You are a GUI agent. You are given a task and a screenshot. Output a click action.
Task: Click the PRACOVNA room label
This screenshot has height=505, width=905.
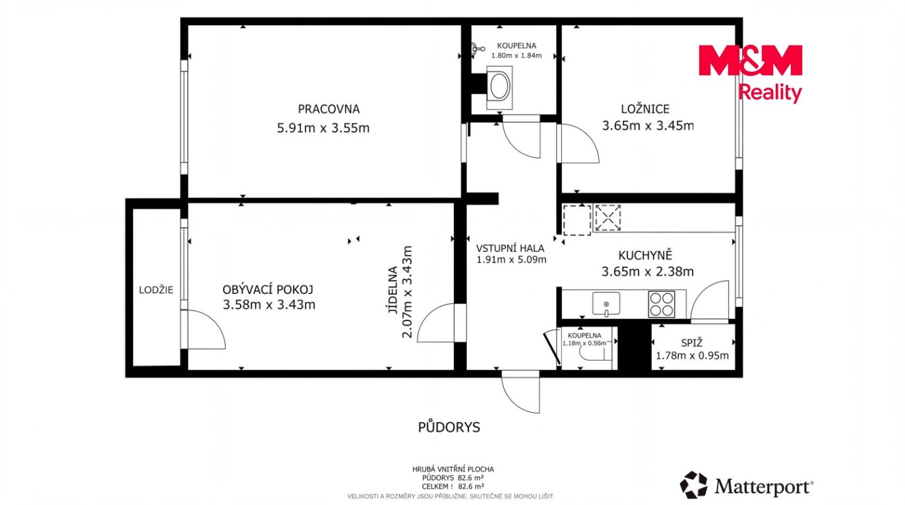(328, 109)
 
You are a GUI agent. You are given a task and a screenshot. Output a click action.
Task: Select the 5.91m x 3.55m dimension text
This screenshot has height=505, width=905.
(323, 128)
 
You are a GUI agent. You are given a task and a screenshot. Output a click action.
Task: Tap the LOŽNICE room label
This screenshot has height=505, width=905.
(645, 109)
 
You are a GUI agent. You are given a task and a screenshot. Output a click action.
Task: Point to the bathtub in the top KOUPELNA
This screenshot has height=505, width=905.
(500, 88)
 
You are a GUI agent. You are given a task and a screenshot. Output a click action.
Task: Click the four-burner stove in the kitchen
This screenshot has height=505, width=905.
(662, 304)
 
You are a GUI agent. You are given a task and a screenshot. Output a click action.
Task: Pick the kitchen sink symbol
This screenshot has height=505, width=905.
(606, 304)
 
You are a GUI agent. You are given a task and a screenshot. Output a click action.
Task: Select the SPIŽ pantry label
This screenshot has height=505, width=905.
(692, 343)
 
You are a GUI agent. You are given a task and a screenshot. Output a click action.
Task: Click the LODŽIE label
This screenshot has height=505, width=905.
(156, 290)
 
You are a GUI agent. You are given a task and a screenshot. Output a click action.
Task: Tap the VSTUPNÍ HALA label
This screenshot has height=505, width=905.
(510, 249)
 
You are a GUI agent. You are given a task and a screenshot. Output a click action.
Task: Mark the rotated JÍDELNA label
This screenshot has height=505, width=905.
(392, 290)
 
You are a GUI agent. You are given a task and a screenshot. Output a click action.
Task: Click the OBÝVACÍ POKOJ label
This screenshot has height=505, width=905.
(268, 289)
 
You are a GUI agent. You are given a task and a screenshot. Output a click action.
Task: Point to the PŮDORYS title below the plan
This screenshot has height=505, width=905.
(449, 427)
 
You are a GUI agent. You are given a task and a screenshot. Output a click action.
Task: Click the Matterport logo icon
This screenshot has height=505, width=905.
(694, 485)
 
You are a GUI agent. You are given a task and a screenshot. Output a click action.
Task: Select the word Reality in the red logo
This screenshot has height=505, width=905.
(770, 93)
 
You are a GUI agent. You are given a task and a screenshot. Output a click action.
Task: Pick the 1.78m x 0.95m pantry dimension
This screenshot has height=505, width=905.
(692, 355)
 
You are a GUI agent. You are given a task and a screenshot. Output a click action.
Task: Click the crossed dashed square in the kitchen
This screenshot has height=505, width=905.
(608, 218)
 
